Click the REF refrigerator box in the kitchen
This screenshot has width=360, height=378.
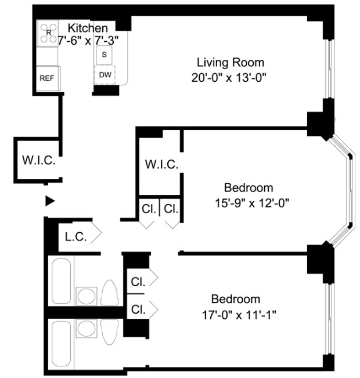(x=47, y=77)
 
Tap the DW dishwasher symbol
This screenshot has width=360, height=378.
(x=105, y=74)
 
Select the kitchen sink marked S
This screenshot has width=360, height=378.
(x=105, y=55)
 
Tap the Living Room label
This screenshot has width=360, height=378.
(x=231, y=62)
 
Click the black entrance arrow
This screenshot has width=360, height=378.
(x=50, y=201)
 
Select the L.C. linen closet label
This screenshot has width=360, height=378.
(x=75, y=236)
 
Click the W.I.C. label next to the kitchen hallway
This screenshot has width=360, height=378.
(x=39, y=160)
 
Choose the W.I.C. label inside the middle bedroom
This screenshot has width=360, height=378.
(x=161, y=164)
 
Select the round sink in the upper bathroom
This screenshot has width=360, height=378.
(x=87, y=294)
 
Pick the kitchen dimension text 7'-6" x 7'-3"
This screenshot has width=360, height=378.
(x=87, y=41)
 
